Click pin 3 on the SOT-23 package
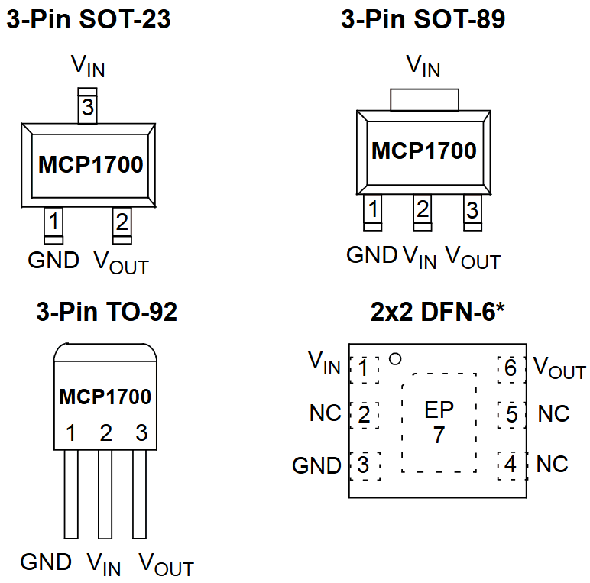(88, 108)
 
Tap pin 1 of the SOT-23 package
(53, 223)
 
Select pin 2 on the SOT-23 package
(122, 223)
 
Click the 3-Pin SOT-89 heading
(423, 20)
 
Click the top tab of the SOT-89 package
(424, 99)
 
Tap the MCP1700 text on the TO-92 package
(105, 397)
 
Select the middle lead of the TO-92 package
(105, 494)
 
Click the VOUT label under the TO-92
(166, 565)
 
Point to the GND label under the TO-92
(46, 562)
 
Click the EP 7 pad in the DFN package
(439, 423)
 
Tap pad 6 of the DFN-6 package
(511, 369)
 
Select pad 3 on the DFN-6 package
(364, 465)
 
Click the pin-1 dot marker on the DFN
(395, 358)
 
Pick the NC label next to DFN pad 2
(325, 413)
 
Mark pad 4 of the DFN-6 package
(511, 465)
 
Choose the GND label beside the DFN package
(316, 465)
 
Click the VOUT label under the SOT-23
(121, 262)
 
